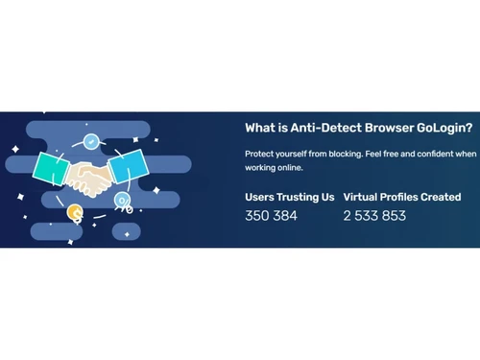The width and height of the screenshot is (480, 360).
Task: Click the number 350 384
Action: pyautogui.click(x=272, y=216)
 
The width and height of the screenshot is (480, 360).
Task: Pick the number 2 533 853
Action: pyautogui.click(x=374, y=216)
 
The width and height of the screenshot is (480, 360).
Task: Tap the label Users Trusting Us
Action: pyautogui.click(x=290, y=197)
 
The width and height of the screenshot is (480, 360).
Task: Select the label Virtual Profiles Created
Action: pyautogui.click(x=403, y=197)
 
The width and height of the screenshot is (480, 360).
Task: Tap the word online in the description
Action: pyautogui.click(x=287, y=168)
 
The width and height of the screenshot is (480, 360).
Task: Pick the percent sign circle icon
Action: pyautogui.click(x=123, y=201)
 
